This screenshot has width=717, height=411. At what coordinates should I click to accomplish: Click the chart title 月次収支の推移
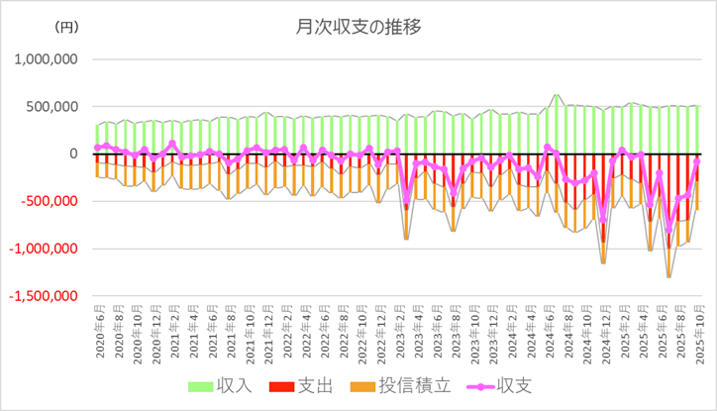[x=358, y=27]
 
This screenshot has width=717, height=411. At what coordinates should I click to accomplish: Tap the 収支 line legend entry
[x=495, y=385]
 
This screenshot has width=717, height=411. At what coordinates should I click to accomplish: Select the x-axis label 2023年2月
[x=398, y=333]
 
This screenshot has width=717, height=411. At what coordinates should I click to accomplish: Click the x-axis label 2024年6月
[x=548, y=333]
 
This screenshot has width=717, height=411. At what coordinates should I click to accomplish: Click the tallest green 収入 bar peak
[x=557, y=96]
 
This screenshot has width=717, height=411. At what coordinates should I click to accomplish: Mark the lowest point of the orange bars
[x=668, y=276]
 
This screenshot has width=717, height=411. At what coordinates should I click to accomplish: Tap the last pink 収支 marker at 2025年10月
[x=697, y=161]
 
